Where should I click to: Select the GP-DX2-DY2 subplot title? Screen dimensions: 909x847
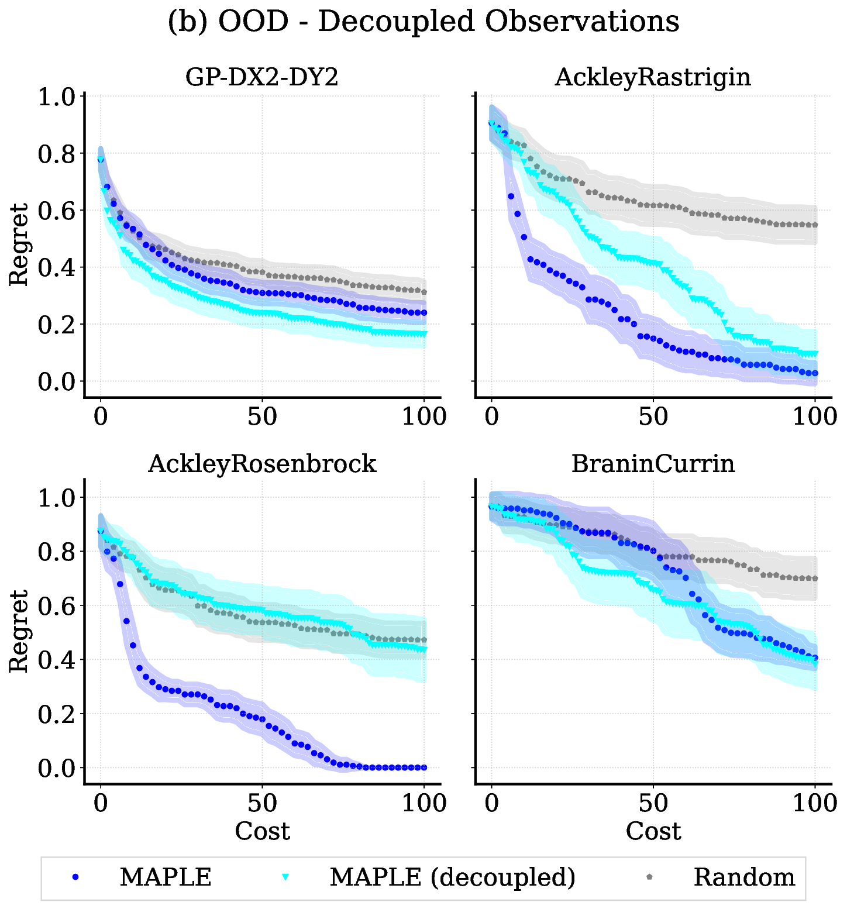point(262,77)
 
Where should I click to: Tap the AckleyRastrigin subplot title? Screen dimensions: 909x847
point(653,77)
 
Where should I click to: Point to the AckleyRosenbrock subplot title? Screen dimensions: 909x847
point(262,463)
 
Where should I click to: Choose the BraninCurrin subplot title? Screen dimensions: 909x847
point(653,463)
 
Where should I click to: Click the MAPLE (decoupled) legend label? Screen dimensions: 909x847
point(452,877)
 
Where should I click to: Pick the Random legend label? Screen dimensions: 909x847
point(744,877)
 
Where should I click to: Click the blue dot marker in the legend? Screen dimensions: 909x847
point(74,877)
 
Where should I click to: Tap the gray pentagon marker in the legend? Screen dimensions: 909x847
point(650,877)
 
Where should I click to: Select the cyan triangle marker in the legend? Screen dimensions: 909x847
point(285,877)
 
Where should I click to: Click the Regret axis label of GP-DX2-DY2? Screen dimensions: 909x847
point(19,245)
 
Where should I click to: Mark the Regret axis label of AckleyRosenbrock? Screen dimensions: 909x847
point(19,631)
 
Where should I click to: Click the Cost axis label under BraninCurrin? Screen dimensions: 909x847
point(653,831)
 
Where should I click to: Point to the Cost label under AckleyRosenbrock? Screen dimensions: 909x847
point(262,831)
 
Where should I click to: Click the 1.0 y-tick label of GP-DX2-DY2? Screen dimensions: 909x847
point(57,97)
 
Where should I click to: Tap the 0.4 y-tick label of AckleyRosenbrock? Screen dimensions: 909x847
point(57,660)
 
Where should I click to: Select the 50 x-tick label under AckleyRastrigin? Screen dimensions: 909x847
point(653,416)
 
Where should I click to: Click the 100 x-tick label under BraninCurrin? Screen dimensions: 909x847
point(814,803)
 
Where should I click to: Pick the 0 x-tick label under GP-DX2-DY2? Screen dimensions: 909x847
point(101,416)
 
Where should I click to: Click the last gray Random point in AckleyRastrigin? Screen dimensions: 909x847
point(815,225)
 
